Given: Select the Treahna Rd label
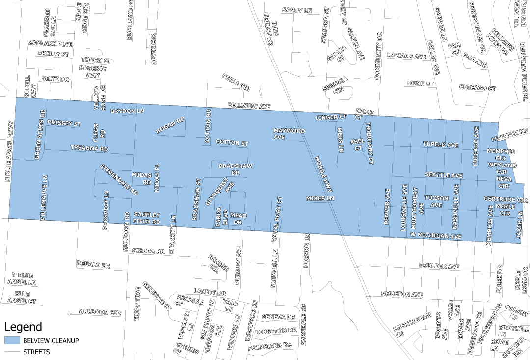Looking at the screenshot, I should click(89, 148).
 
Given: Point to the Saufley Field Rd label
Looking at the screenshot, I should click(147, 219).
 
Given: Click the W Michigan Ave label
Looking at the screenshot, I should click(436, 237).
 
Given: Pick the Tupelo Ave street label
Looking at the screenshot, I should click(441, 145).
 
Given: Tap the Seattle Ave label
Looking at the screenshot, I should click(444, 175).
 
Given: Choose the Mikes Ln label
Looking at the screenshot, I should click(320, 199).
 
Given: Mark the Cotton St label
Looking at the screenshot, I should click(232, 143).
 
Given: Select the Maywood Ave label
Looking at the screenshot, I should click(289, 134).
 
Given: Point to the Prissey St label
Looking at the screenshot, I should click(64, 123).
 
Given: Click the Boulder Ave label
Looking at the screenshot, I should click(439, 266).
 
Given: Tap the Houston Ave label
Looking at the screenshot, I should click(402, 294).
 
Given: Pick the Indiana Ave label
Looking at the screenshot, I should click(406, 56).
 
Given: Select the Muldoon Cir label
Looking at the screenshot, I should click(99, 312).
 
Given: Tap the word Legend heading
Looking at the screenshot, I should click(23, 327).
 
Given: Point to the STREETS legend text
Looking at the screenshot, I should click(36, 352).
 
